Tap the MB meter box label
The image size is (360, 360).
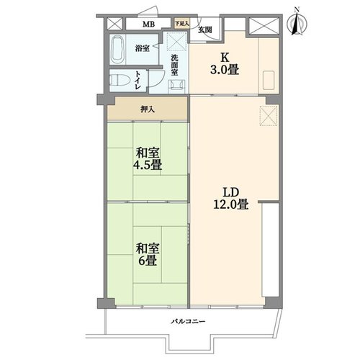pyautogui.click(x=149, y=24)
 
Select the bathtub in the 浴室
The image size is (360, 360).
pyautogui.click(x=118, y=49)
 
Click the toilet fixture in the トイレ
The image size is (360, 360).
pyautogui.click(x=120, y=81)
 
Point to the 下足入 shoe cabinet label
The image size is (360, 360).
pyautogui.click(x=182, y=24)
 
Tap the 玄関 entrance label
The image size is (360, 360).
pyautogui.click(x=205, y=30)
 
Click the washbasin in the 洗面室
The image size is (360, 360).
pyautogui.click(x=177, y=86)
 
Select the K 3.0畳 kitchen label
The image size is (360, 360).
pyautogui.click(x=225, y=63)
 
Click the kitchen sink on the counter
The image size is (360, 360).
pyautogui.click(x=269, y=80)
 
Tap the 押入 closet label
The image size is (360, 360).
pyautogui.click(x=148, y=109)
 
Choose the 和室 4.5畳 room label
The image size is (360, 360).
pyautogui.click(x=148, y=158)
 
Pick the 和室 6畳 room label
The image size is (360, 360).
pyautogui.click(x=148, y=254)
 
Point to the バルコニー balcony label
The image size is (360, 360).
pyautogui.click(x=188, y=321)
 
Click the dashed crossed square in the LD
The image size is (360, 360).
pyautogui.click(x=269, y=116)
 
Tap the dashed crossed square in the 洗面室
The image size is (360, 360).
pyautogui.click(x=177, y=42)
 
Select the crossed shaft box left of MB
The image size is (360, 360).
pyautogui.click(x=114, y=24)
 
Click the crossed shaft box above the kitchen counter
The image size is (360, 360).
pyautogui.click(x=264, y=26)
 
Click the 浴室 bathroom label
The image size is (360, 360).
pyautogui.click(x=142, y=48)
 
